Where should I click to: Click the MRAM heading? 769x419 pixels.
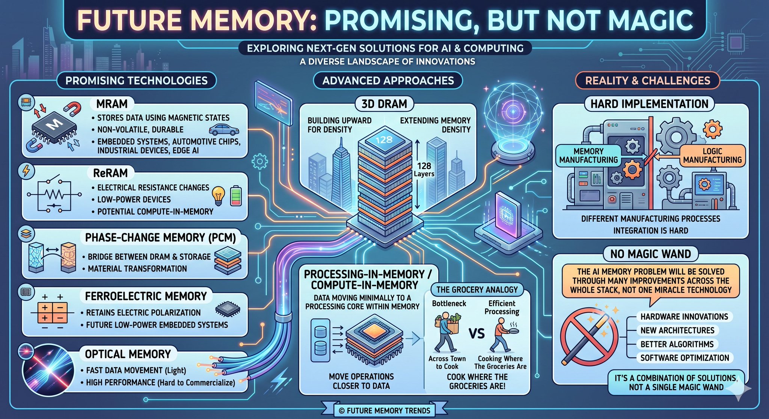(112, 104)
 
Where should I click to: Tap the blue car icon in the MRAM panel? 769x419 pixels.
(224, 130)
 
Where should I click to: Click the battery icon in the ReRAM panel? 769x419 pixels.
(236, 195)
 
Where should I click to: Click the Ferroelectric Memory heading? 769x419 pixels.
(146, 296)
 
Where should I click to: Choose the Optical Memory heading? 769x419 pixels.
(128, 354)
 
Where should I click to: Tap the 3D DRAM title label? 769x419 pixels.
(384, 104)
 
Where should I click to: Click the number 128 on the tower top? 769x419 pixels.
(384, 140)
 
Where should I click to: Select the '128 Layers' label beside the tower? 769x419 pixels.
(424, 169)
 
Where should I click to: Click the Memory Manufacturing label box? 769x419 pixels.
(588, 156)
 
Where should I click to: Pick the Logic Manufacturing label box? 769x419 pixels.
(712, 156)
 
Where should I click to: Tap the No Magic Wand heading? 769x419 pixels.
(650, 254)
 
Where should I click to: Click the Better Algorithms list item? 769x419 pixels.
(677, 344)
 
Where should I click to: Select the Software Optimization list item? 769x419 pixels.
(685, 358)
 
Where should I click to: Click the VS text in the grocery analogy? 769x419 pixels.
(476, 333)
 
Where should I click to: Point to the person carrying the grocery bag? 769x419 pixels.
(446, 332)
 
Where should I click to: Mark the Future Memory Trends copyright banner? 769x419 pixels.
(384, 410)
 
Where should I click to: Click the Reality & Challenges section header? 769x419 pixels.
(648, 81)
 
